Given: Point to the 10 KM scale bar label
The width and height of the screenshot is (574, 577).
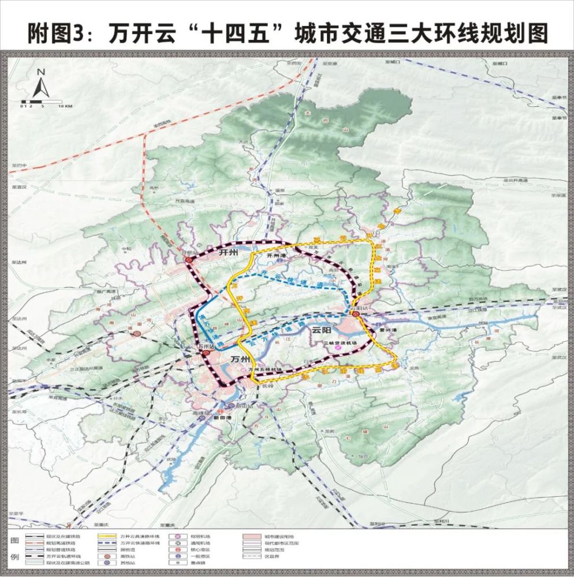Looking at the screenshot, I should pyautogui.click(x=65, y=106).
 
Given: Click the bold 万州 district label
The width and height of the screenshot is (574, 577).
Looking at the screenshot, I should pyautogui.click(x=239, y=359).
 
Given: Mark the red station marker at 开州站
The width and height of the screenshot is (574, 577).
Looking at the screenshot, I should pyautogui.click(x=191, y=261).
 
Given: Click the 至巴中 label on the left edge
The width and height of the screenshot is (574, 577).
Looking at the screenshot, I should pyautogui.click(x=18, y=166).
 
